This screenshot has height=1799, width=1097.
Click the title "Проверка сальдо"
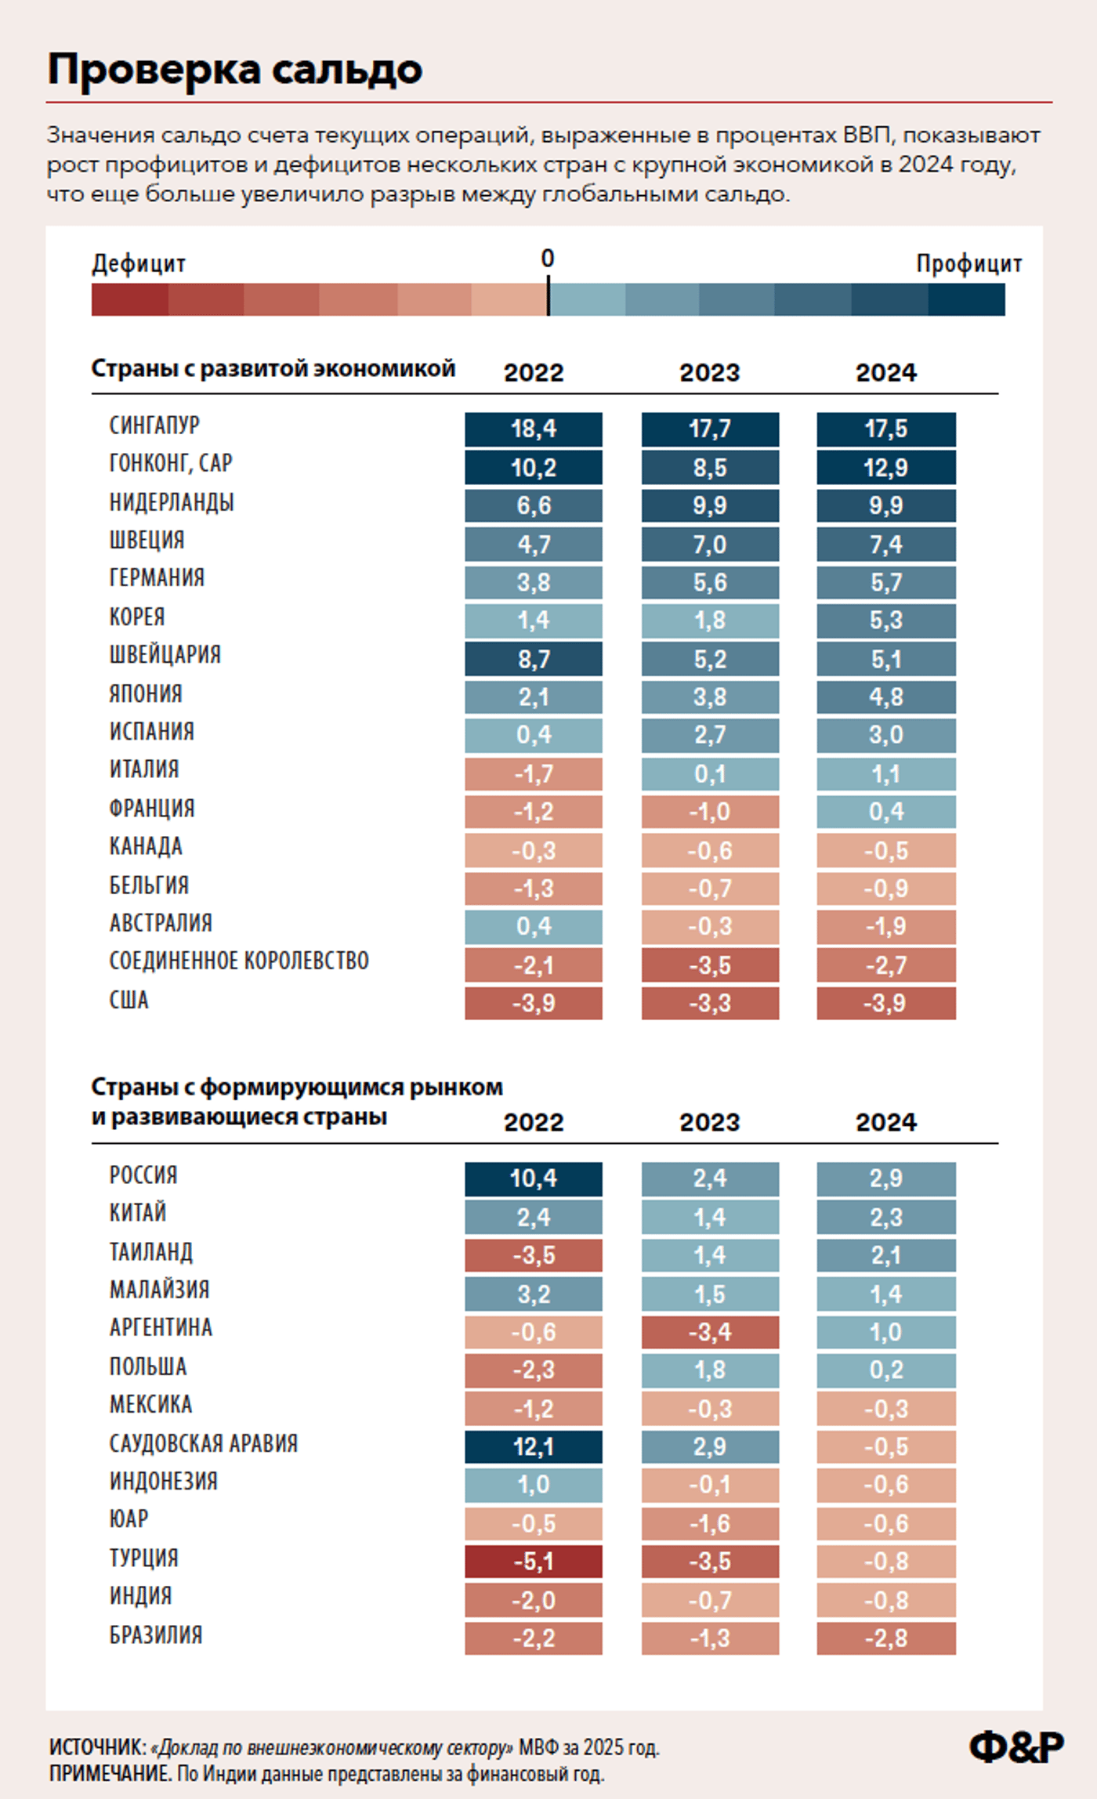(x=235, y=70)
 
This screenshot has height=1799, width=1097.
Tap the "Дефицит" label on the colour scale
(x=139, y=264)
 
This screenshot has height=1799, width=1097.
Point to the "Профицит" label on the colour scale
(x=968, y=264)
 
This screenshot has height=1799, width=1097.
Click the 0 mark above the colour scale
(x=548, y=259)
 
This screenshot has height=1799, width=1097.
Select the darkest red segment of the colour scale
(x=129, y=299)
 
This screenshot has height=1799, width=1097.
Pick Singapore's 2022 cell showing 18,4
(x=534, y=429)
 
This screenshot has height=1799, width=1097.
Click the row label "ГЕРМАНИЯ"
(x=157, y=578)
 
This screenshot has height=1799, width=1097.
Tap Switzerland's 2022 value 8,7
(x=534, y=659)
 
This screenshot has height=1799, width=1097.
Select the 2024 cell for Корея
(x=886, y=621)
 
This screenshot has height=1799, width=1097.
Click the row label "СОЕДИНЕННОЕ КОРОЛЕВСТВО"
(x=239, y=961)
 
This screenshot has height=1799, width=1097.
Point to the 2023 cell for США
(x=710, y=1003)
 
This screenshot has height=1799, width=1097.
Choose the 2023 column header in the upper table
(x=710, y=372)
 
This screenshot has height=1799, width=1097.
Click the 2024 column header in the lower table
(x=886, y=1122)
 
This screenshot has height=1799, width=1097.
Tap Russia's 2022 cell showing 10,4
(x=534, y=1178)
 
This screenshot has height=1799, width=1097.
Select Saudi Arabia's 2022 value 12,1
(x=534, y=1446)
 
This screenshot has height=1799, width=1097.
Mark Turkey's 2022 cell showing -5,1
(x=534, y=1561)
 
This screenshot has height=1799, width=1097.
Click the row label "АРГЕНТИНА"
(x=161, y=1327)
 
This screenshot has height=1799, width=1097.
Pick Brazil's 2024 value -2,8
(x=886, y=1638)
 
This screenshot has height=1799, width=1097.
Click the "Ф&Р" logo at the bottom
(x=1016, y=1747)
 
